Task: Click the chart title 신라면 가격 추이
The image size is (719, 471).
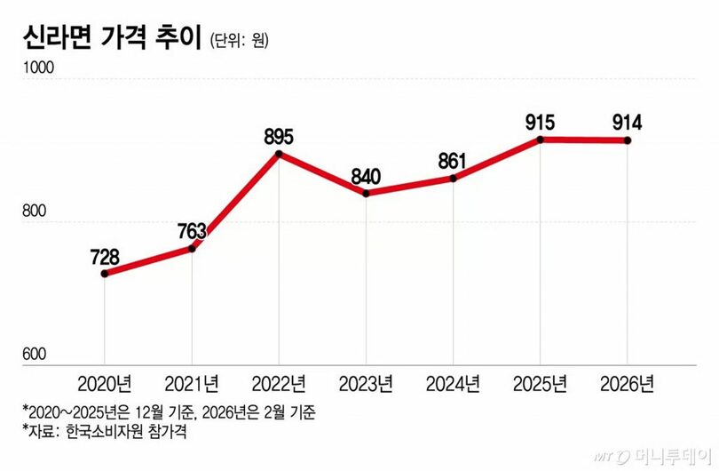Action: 104,39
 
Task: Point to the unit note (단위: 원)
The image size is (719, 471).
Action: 240,41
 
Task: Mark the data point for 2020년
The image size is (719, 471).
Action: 105,274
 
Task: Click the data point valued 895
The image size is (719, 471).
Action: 279,155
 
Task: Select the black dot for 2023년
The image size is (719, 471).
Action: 366,193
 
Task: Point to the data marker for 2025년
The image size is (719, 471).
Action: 540,140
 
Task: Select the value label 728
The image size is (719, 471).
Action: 105,258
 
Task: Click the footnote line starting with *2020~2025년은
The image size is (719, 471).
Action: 169,412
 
